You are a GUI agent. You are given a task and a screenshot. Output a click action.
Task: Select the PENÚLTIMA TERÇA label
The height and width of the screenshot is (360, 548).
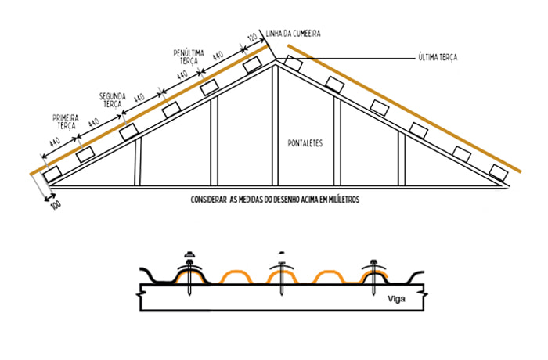[x=189, y=57]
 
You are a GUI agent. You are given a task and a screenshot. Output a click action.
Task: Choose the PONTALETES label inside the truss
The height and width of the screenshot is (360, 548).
[x=305, y=144]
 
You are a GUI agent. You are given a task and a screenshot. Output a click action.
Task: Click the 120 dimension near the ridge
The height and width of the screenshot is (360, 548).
[x=252, y=38]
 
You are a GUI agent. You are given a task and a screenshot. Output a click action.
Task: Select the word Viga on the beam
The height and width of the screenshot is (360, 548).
[x=396, y=297]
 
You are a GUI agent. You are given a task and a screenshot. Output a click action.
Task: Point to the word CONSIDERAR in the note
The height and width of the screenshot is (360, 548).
[x=208, y=200]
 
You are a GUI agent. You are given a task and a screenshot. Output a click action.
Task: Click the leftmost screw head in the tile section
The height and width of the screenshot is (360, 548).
[x=188, y=256]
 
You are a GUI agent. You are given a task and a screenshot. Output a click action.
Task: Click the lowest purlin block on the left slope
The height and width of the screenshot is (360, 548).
[x=52, y=174]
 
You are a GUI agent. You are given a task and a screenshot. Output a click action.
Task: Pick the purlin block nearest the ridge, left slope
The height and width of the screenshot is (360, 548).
[x=252, y=66]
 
